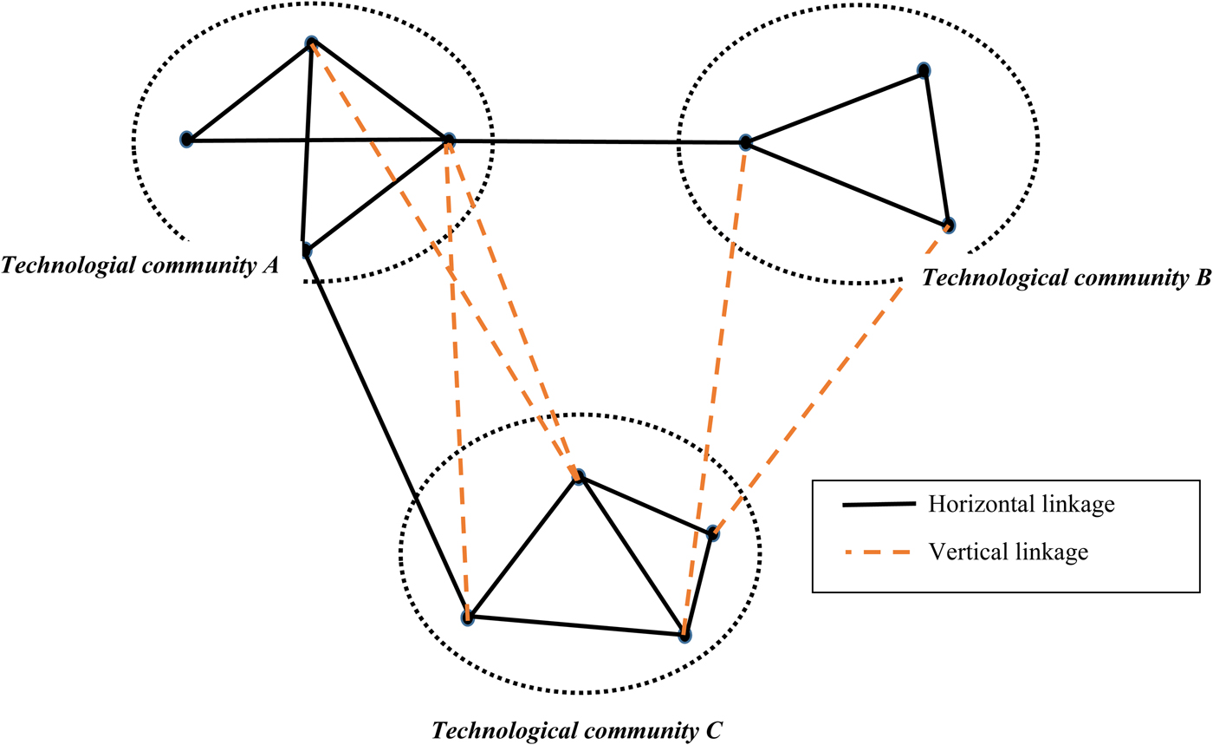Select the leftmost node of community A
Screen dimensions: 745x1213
(186, 140)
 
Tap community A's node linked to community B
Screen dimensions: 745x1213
(449, 140)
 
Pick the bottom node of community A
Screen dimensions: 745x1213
(305, 251)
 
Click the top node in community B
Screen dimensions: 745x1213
(924, 70)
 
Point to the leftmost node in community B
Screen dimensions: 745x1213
(745, 141)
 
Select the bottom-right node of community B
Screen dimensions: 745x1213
(950, 225)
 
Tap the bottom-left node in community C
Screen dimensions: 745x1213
(468, 618)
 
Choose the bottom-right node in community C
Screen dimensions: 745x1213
(684, 636)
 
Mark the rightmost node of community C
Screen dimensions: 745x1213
(712, 533)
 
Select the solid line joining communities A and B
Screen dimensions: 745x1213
(598, 141)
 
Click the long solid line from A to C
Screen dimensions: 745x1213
(386, 434)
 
